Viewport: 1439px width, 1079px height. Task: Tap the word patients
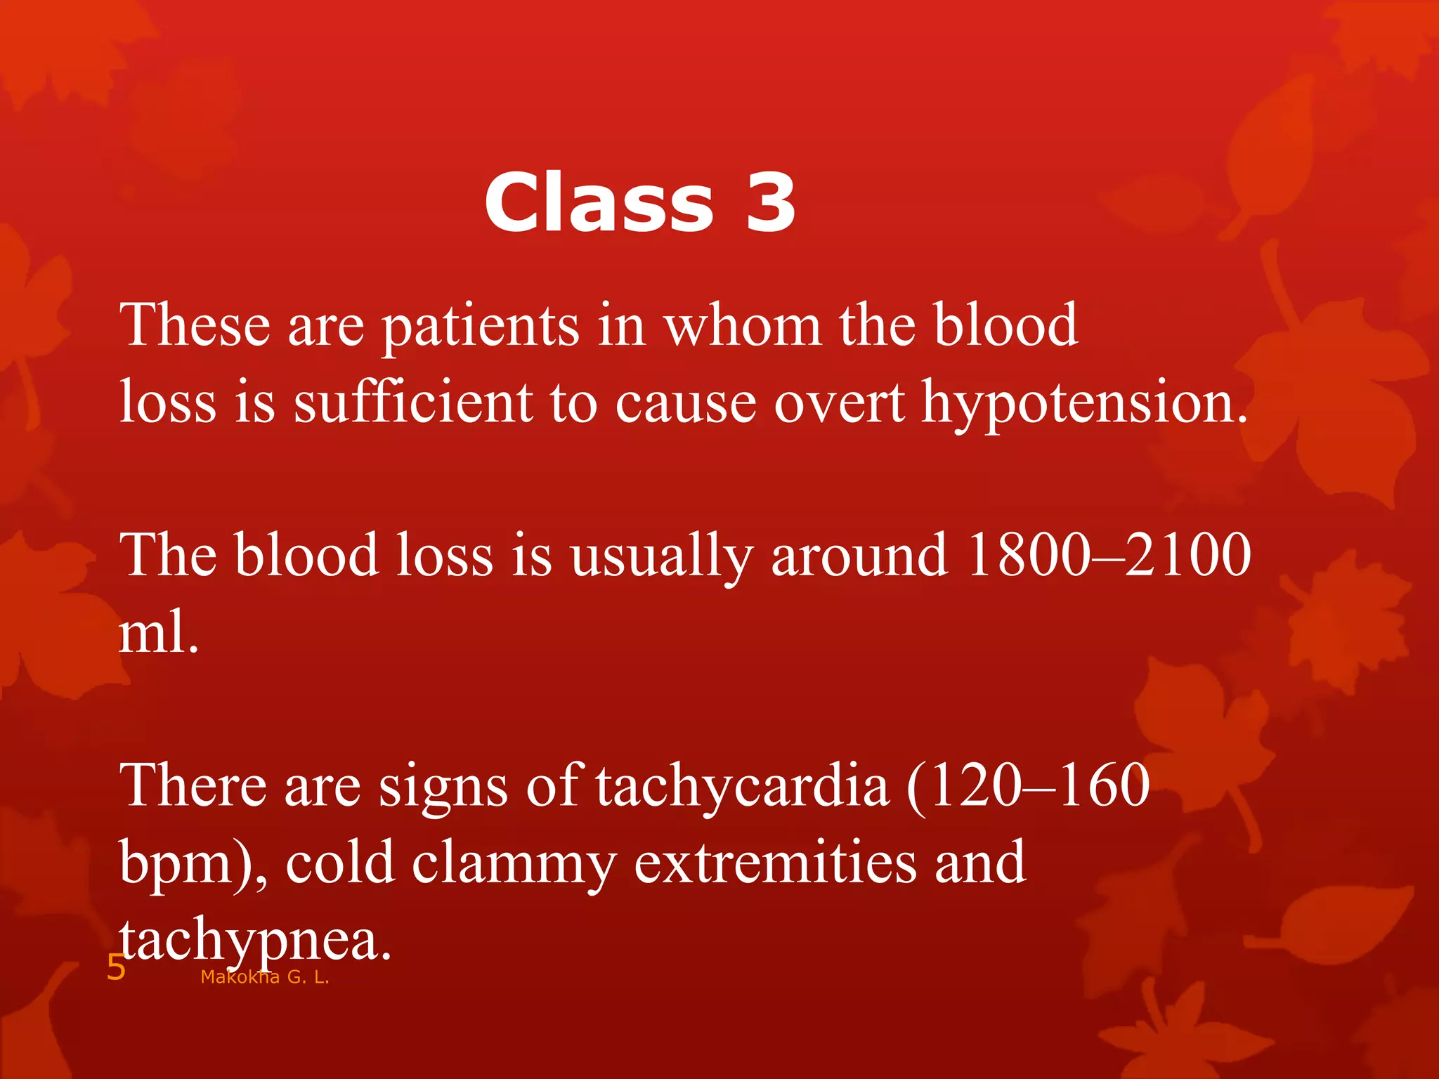click(x=481, y=327)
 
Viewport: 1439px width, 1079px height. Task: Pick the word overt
click(x=839, y=405)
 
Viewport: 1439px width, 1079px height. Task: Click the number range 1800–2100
click(x=1109, y=555)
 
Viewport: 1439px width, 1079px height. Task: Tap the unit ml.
click(x=159, y=632)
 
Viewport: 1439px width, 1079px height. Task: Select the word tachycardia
click(x=743, y=787)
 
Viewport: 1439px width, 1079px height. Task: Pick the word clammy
click(x=514, y=865)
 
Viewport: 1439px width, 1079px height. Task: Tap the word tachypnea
click(x=254, y=941)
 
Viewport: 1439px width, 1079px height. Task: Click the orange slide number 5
click(x=115, y=969)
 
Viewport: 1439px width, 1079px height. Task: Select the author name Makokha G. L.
click(x=265, y=977)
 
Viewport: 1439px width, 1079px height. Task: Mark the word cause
click(x=686, y=405)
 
